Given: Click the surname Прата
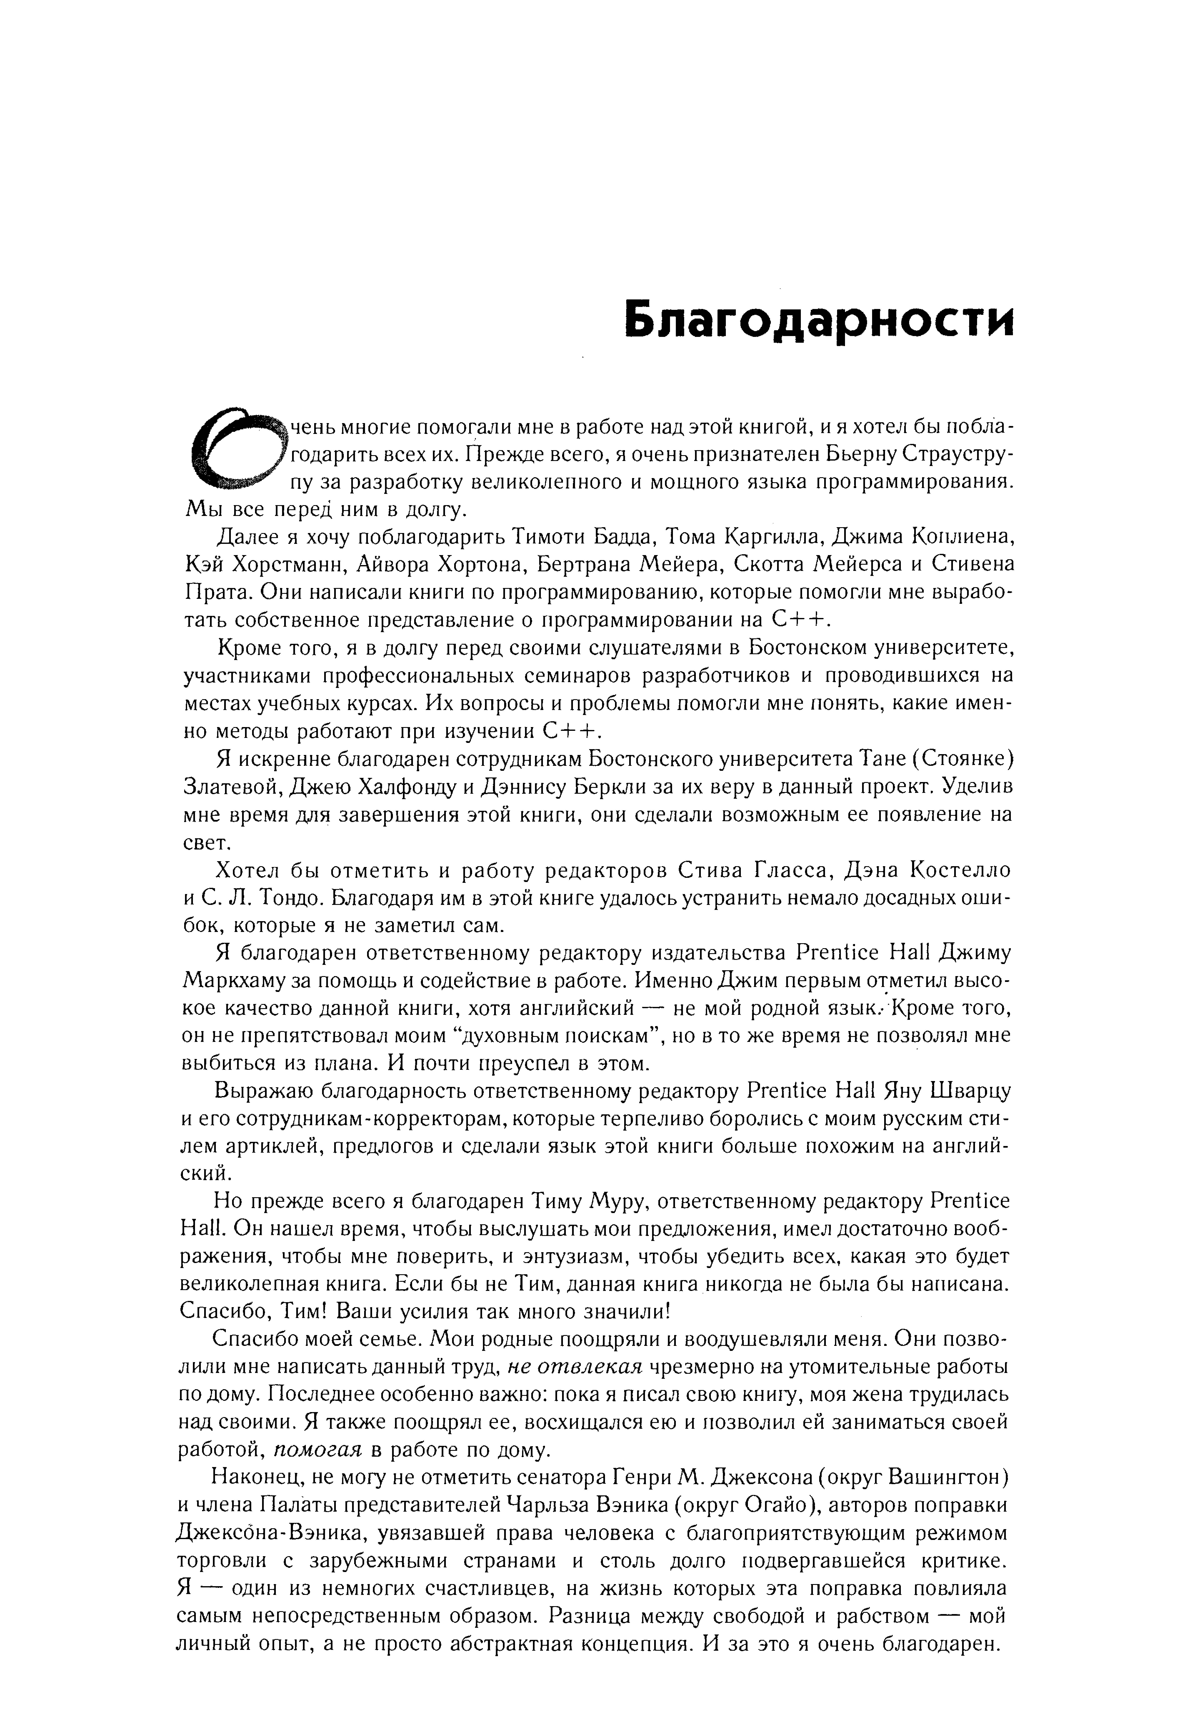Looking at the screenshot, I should tap(211, 593).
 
